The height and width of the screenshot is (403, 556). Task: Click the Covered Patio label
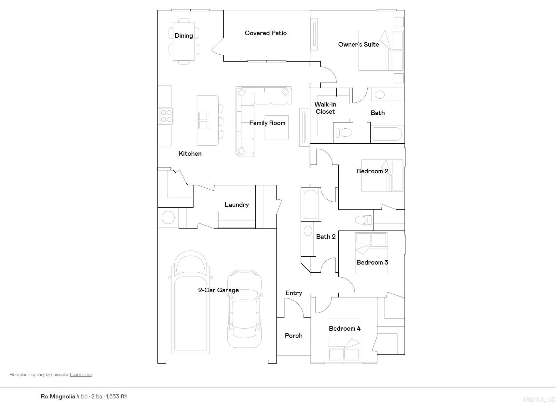point(265,33)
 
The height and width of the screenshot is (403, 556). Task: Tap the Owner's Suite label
point(358,44)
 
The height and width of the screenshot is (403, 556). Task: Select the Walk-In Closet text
point(325,108)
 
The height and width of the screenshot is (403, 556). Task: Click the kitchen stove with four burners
point(166,116)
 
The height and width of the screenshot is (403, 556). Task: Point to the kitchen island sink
point(204,120)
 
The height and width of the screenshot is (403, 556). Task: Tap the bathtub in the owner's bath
point(387,134)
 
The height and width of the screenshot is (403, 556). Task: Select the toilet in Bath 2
point(363,220)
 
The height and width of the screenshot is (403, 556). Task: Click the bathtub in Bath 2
point(310,204)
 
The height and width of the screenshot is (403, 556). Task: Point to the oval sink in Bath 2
point(307,231)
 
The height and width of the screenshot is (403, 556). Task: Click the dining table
point(184,42)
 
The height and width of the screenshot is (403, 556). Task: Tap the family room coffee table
point(277,127)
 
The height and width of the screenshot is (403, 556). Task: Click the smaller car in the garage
point(244,308)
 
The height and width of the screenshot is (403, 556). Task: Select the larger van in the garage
point(190,303)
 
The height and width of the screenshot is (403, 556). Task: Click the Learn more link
point(81,374)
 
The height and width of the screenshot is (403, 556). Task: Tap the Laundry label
point(237,205)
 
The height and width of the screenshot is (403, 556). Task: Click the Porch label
point(293,336)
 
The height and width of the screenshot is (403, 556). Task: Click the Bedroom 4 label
point(345,328)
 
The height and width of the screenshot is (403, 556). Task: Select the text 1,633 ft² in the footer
point(116,396)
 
